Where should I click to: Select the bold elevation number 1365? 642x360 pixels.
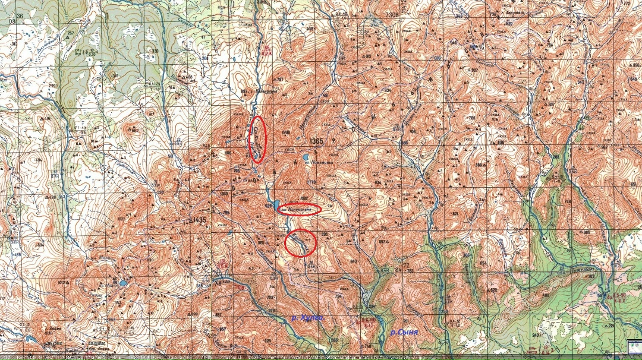pyautogui.click(x=316, y=141)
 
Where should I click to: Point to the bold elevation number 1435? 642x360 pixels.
pyautogui.click(x=197, y=220)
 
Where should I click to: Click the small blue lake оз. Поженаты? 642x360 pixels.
pyautogui.click(x=305, y=158)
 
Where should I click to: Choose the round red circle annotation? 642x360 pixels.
pyautogui.click(x=301, y=242)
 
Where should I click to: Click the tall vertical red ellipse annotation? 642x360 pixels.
pyautogui.click(x=257, y=140)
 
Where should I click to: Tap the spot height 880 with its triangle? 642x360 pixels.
pyautogui.click(x=481, y=165)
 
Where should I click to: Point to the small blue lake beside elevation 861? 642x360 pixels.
pyautogui.click(x=122, y=283)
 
